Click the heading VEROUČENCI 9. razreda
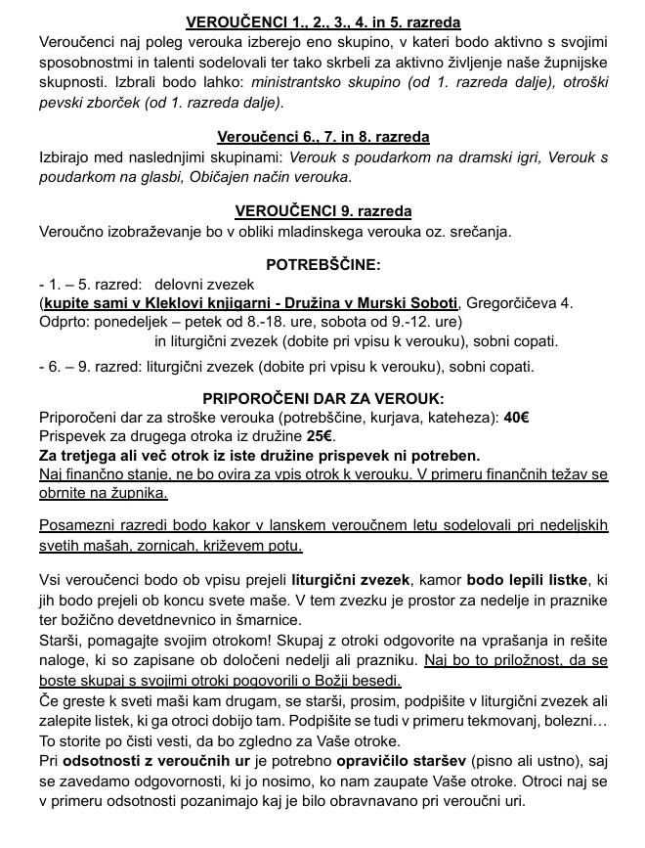coord(323,211)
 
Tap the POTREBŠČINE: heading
coord(323,264)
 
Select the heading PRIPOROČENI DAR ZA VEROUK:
coord(323,398)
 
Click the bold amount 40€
coord(516,418)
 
